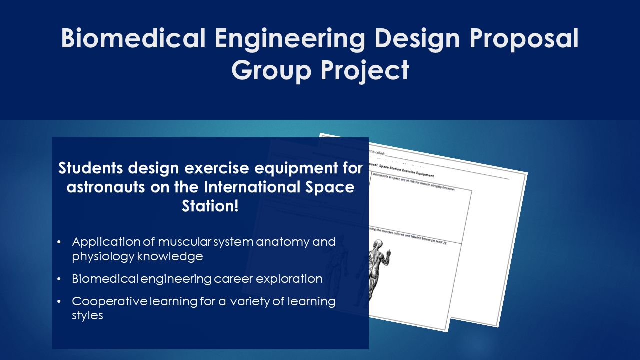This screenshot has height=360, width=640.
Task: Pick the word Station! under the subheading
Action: point(210,206)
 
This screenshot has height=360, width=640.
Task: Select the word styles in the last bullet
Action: point(87,316)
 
